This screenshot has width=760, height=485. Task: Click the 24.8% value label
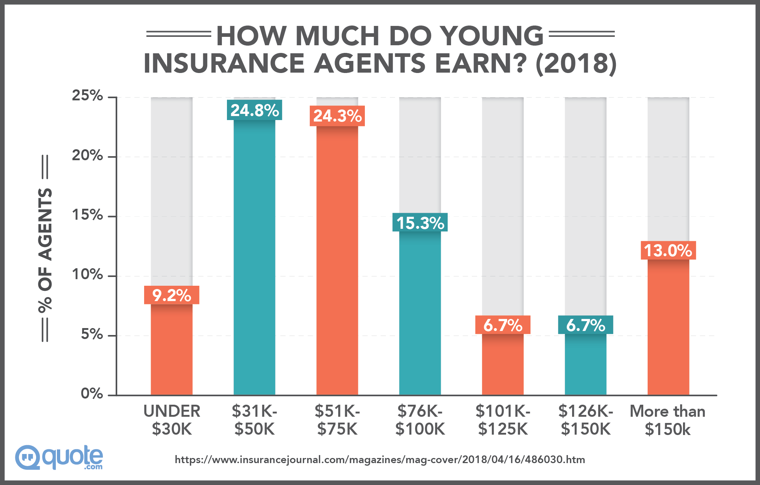[x=254, y=110]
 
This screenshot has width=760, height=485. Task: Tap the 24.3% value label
[x=337, y=116]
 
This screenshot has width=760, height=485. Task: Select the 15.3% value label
[x=420, y=222]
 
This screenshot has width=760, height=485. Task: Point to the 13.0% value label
[x=668, y=250]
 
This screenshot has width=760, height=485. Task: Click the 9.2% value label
[x=171, y=295]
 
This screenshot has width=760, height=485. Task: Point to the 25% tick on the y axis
[x=88, y=96]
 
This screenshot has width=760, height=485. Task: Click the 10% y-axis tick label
[x=88, y=274]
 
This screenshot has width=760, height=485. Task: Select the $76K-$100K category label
[x=420, y=420]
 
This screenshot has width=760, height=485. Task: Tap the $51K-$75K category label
[x=337, y=420]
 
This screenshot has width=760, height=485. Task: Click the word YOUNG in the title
[x=492, y=36]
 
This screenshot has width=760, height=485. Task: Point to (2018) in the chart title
[x=576, y=63]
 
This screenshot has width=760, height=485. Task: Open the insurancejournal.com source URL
[x=380, y=459]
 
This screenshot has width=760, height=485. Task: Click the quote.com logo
[x=59, y=457]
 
